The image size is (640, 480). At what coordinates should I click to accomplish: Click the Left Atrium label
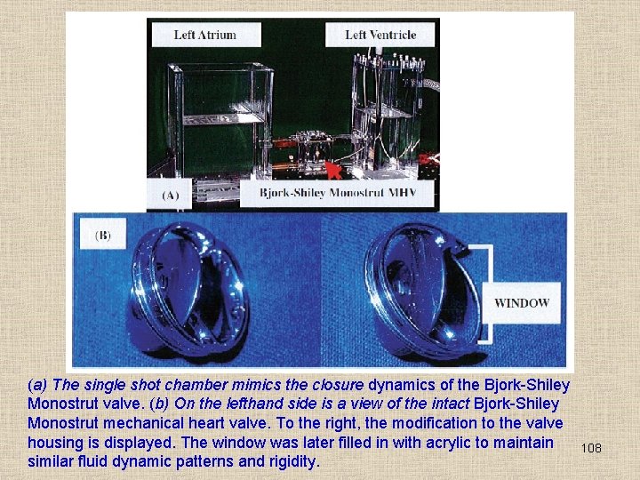click(206, 35)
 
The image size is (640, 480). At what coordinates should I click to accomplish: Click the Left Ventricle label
click(380, 35)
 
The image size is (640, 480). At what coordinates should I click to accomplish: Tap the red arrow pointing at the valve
click(334, 170)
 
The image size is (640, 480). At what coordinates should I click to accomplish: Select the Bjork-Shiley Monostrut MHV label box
click(337, 193)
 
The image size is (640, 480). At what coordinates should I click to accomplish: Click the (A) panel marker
click(170, 195)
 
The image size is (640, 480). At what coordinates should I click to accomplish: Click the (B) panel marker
click(103, 235)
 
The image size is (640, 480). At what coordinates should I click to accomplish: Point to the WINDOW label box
click(522, 303)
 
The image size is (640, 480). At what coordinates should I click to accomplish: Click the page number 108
click(591, 448)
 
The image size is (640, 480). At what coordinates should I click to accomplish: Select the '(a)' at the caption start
click(37, 385)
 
